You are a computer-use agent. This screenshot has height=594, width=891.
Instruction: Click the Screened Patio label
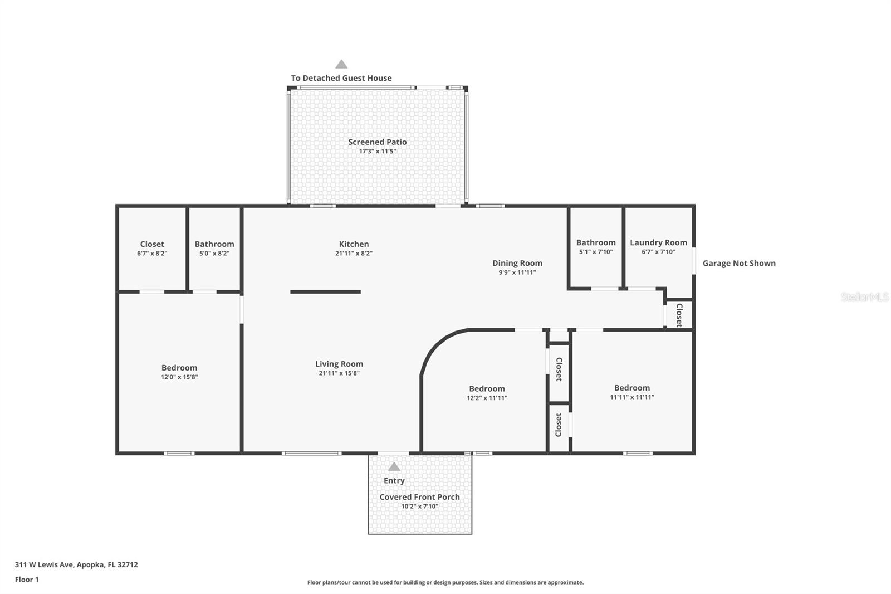click(x=377, y=142)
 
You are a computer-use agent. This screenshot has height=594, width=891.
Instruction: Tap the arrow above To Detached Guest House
click(x=341, y=65)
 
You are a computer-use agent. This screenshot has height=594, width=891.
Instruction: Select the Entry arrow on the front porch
click(x=394, y=467)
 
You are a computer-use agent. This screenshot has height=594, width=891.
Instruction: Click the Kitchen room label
click(x=354, y=244)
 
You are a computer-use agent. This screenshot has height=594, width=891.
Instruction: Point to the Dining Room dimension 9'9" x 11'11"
click(x=517, y=272)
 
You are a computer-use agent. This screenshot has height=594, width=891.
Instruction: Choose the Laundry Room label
click(x=658, y=242)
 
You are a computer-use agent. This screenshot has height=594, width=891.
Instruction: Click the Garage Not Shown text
click(x=738, y=263)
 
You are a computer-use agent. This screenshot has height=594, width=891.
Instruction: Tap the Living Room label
click(x=339, y=364)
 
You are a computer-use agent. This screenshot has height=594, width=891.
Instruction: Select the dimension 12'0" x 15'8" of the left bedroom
click(x=179, y=377)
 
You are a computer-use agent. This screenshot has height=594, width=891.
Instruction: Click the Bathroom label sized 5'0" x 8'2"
click(x=214, y=244)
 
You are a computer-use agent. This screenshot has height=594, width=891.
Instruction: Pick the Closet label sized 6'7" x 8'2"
click(x=152, y=244)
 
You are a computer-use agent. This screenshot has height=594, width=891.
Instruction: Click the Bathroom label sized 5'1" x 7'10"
click(x=596, y=242)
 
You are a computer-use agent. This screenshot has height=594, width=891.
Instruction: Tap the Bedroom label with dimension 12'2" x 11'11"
click(x=487, y=389)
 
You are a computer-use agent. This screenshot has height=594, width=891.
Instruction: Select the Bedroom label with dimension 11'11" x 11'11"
click(x=631, y=388)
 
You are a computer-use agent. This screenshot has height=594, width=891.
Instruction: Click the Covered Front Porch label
click(x=419, y=497)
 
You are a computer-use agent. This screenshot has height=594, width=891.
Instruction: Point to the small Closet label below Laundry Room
click(x=679, y=315)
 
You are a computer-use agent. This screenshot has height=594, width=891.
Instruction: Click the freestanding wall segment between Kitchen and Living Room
click(x=325, y=291)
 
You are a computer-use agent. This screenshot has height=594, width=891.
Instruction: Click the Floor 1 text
click(x=27, y=580)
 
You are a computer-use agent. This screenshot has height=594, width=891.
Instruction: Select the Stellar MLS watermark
click(x=864, y=298)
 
